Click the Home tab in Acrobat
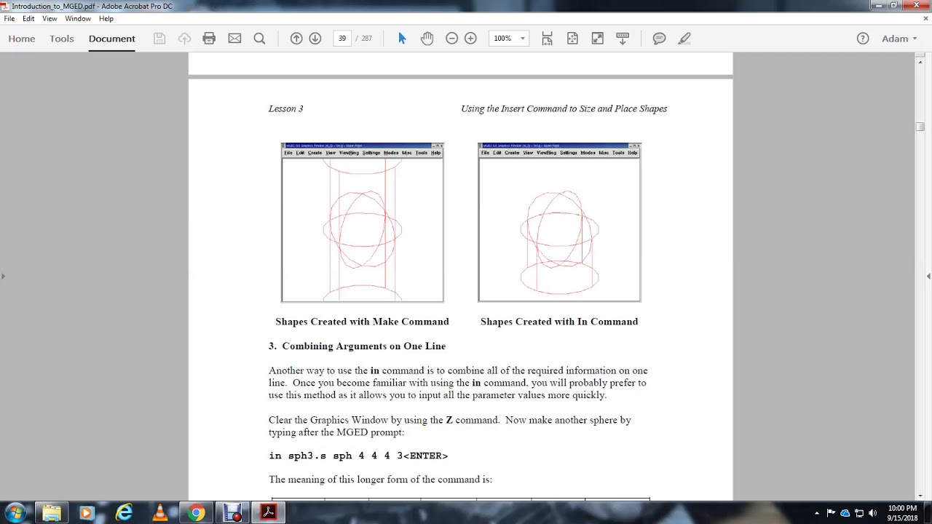22,39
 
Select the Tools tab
62,39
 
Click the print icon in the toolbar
209,39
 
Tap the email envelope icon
234,39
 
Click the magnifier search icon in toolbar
259,39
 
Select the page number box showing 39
342,39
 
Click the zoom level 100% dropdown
508,39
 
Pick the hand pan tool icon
427,39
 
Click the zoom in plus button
470,39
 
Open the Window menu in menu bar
78,18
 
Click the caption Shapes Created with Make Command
362,322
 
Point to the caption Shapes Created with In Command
558,322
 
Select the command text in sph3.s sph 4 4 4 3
358,456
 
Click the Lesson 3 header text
285,109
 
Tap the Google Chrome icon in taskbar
196,513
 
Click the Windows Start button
15,513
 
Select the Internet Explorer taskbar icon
124,513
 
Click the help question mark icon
863,39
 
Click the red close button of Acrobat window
916,5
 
